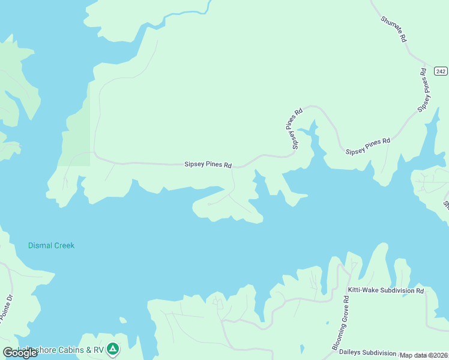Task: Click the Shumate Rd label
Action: tap(394, 29)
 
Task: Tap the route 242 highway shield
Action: tap(440, 71)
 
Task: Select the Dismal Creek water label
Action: tap(52, 245)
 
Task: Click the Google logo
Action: tap(19, 353)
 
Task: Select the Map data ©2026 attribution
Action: tap(423, 355)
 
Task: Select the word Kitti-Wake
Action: tap(364, 290)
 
